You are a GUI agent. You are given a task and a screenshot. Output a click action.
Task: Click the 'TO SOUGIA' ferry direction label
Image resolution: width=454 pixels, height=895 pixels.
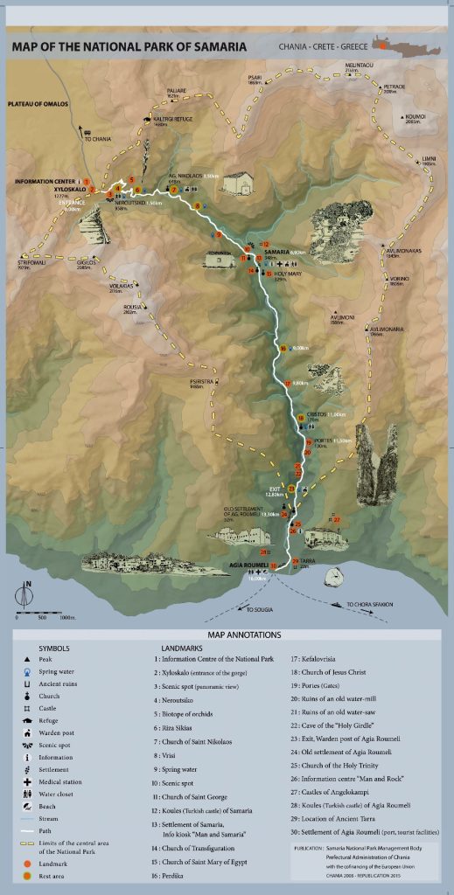click(261, 608)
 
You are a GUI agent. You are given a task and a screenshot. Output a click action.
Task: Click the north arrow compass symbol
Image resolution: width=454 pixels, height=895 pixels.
click(28, 595)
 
